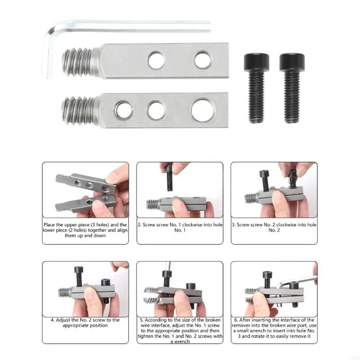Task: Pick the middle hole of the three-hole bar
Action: pos(156,109)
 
